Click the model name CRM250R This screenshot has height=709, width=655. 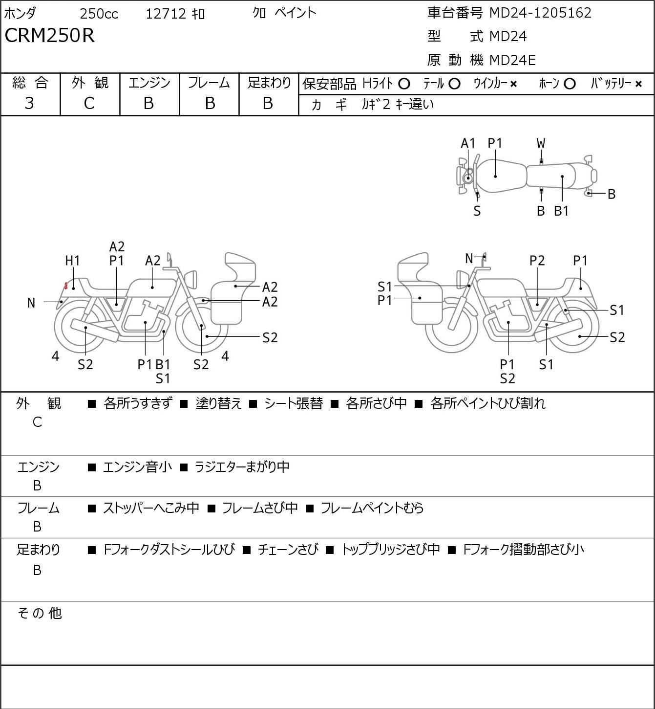point(49,36)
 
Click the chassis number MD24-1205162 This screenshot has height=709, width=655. point(540,13)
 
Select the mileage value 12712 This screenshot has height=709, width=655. point(166,14)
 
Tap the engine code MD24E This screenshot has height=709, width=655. point(512,60)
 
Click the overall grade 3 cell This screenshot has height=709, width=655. point(29,103)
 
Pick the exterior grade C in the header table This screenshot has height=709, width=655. point(89,103)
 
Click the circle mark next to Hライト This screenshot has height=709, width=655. point(404,84)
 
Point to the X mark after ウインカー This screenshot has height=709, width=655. point(513,84)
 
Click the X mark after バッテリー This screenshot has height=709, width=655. point(638,84)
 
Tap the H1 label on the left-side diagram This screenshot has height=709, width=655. point(72,261)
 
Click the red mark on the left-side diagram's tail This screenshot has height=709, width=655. point(65,286)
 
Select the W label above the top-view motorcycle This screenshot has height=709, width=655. point(541,143)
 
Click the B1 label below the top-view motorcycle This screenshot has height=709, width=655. point(562,211)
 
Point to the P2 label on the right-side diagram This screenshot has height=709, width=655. point(537,261)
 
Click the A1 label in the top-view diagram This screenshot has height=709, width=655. point(468,143)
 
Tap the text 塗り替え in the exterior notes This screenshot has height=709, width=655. point(218,403)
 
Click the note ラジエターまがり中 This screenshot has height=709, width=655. point(242,467)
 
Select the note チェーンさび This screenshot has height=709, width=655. point(288,550)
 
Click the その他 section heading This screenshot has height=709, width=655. point(40,613)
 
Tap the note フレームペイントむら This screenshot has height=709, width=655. point(372,508)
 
